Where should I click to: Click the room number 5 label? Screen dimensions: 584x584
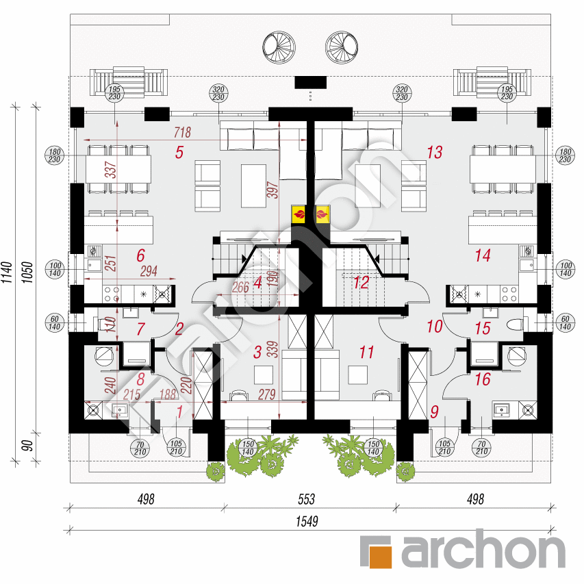tap(179, 153)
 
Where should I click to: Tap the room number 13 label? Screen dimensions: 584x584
tap(435, 153)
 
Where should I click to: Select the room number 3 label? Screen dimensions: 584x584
tap(257, 353)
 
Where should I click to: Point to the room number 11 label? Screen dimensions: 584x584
tap(366, 353)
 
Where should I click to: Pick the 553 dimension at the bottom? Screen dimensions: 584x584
tap(307, 500)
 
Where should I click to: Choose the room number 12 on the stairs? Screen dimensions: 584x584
tap(361, 281)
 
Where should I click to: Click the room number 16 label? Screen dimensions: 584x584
tap(483, 379)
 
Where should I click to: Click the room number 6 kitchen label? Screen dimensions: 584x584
tap(140, 256)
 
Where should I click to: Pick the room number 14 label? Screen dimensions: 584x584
tap(483, 256)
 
